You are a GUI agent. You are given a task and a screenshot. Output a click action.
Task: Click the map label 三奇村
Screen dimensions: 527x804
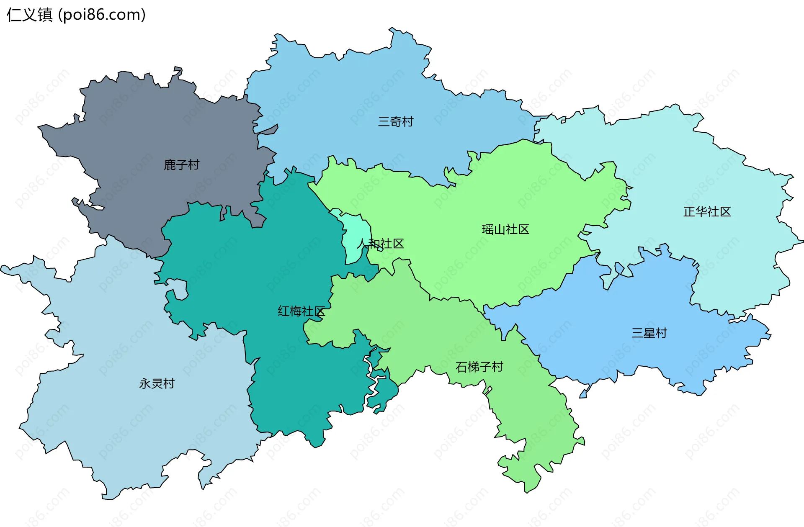(x=396, y=122)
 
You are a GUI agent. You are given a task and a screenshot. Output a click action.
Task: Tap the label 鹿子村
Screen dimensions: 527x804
(x=181, y=165)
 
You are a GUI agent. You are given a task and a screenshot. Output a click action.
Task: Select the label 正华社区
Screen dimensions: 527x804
(x=707, y=212)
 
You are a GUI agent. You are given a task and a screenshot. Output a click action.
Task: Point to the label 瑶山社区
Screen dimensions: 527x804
(x=505, y=229)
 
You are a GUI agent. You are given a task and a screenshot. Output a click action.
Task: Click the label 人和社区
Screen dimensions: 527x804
(x=380, y=244)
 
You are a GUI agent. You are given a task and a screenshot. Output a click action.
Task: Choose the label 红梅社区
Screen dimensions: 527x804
(x=301, y=311)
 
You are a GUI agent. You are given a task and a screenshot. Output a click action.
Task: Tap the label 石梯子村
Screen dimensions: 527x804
(x=479, y=367)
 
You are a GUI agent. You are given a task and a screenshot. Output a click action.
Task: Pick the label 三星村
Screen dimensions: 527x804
(x=649, y=333)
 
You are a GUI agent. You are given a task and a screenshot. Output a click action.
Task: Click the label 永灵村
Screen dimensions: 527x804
(x=157, y=383)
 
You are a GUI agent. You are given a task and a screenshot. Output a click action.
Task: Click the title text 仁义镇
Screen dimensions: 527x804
(x=30, y=15)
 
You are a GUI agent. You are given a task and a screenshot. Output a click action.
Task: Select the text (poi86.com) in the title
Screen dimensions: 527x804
(x=102, y=15)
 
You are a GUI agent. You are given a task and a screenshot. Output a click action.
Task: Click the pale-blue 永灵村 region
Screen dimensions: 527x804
(x=126, y=419)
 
